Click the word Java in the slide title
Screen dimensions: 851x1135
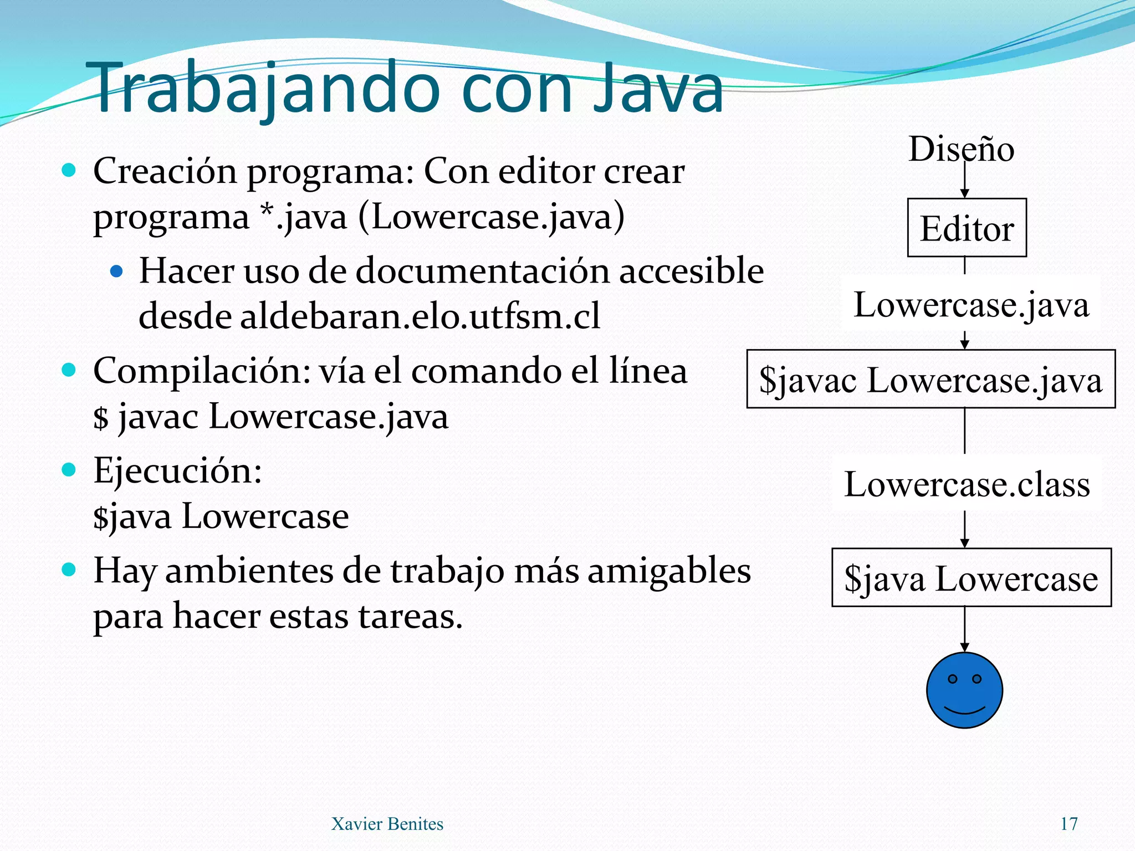click(658, 89)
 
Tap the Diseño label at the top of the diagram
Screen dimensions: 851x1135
click(961, 149)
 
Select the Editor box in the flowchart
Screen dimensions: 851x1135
click(967, 228)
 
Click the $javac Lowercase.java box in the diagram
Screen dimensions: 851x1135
click(931, 380)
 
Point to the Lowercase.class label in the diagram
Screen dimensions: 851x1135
click(967, 484)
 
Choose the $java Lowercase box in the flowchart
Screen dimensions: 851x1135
click(971, 578)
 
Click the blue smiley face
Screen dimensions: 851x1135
click(964, 690)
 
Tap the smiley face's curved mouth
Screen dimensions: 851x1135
click(964, 711)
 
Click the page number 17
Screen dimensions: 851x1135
click(1068, 824)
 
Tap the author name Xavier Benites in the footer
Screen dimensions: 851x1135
click(387, 824)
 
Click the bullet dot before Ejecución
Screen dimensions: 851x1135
click(69, 470)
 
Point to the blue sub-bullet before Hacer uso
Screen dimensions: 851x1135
click(116, 271)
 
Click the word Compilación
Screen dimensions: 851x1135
click(201, 371)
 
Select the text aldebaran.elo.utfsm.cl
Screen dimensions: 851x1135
click(420, 316)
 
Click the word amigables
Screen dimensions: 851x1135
click(669, 571)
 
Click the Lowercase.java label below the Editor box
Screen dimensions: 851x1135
click(971, 304)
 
